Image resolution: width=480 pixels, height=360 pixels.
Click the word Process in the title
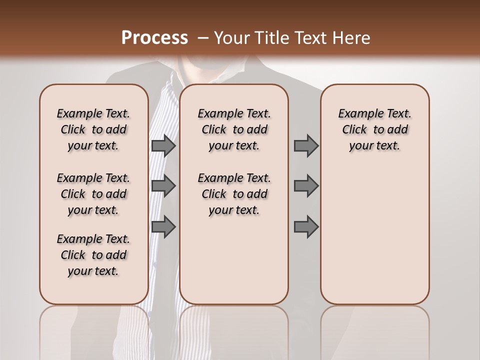click(154, 38)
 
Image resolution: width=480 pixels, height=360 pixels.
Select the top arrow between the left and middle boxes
click(163, 145)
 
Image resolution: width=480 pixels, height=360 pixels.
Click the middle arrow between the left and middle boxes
click(163, 186)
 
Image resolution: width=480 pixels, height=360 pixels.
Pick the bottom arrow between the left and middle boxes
click(163, 226)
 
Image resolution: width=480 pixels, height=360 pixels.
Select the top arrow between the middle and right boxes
click(306, 145)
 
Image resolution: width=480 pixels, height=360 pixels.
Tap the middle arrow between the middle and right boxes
click(306, 186)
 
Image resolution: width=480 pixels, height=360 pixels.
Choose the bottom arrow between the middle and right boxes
click(306, 226)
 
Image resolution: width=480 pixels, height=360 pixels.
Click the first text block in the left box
click(93, 129)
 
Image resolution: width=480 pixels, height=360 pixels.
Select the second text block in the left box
click(93, 194)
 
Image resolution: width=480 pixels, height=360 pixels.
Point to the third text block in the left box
click(93, 255)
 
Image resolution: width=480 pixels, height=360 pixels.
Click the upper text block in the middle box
click(234, 129)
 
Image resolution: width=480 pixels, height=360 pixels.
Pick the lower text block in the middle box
click(234, 194)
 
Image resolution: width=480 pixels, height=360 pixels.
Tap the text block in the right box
click(375, 129)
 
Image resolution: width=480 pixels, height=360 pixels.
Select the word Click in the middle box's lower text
click(214, 194)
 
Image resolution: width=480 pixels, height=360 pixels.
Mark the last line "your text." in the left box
click(93, 271)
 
